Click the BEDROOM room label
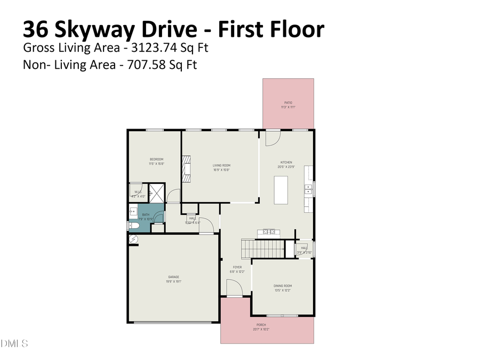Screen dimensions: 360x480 coord(156,159)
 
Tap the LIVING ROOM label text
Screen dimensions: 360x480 coord(221,165)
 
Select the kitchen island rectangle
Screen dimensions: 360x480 coord(281,190)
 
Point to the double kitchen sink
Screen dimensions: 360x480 coord(308,189)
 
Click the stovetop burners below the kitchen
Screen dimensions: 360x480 coord(268,231)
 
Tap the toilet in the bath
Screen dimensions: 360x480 coord(134,226)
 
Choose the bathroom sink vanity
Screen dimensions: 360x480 coord(132,212)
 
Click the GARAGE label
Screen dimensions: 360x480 coord(173,277)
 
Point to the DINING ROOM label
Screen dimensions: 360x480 coord(283,286)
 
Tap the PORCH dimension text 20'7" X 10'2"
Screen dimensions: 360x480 coord(261,329)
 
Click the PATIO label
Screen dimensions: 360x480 coord(288,103)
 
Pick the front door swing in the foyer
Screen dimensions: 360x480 coord(235,290)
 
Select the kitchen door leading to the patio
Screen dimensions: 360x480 coord(273,138)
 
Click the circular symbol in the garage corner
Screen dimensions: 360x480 coord(133,241)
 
